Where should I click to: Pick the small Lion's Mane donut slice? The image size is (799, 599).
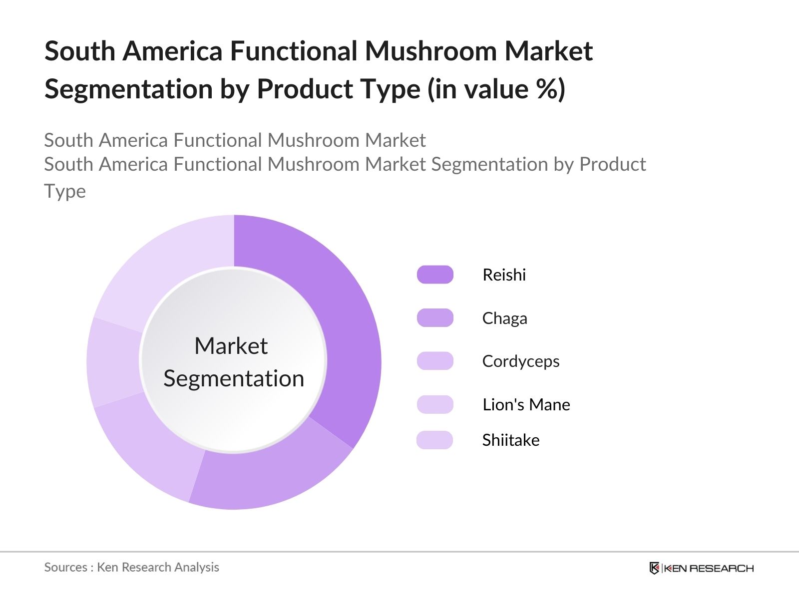click(x=113, y=362)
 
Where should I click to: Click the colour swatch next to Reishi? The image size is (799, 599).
click(x=435, y=275)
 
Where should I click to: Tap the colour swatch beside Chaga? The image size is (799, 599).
click(x=435, y=318)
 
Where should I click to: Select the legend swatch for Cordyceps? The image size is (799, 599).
click(x=435, y=361)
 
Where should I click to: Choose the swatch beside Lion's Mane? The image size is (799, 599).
click(x=435, y=404)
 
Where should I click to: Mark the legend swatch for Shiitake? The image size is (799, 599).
click(x=434, y=440)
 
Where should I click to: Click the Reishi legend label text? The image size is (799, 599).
click(x=504, y=275)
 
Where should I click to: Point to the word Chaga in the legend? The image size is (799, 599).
click(x=504, y=318)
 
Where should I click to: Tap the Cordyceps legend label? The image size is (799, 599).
click(x=521, y=361)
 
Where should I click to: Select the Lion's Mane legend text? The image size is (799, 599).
click(x=526, y=404)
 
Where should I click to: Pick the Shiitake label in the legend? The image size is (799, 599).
click(x=511, y=440)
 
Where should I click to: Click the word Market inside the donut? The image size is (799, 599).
click(x=231, y=345)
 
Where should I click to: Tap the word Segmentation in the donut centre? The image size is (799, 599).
click(x=234, y=379)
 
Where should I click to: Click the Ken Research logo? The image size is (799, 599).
click(x=702, y=568)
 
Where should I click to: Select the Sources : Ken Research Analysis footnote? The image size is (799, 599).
click(x=131, y=568)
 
